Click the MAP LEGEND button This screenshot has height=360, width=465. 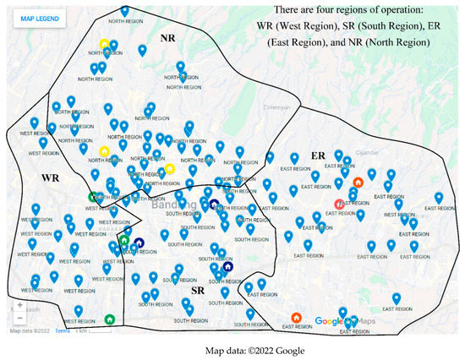36,19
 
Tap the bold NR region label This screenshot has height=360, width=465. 168,38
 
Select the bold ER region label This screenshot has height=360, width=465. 318,156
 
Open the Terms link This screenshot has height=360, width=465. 63,330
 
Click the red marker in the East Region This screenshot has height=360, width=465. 339,204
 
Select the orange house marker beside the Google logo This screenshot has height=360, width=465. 296,318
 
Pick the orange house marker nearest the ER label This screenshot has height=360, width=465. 358,182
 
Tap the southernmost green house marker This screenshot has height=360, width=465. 109,319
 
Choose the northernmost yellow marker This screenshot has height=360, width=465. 103,44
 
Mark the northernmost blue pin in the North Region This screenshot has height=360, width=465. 125,11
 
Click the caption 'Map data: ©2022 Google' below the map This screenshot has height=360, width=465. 232,350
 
